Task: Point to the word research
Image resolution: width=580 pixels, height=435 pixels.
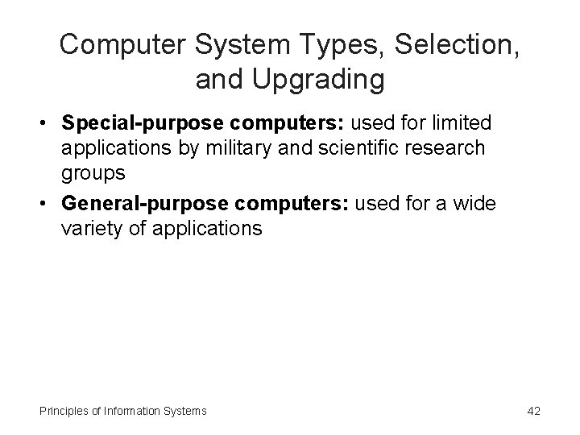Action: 469,149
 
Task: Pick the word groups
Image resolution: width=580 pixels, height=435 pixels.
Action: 93,173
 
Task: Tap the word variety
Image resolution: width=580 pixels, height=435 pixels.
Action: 91,228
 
